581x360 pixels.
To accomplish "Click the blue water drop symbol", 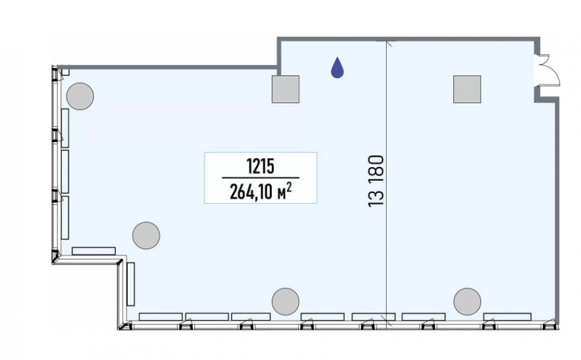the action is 337,68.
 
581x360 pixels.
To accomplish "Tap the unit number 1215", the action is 261,166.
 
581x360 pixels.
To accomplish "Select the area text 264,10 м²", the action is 260,192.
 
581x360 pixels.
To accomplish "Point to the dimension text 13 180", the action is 376,181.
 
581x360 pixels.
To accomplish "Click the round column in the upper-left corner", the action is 80,96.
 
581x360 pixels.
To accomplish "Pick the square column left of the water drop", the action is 285,89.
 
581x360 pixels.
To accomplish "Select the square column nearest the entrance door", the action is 467,89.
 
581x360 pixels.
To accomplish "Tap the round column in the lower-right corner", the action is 467,301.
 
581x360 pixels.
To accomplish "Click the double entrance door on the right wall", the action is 547,70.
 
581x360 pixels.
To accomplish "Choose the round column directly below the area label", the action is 285,301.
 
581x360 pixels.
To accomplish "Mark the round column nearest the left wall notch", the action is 147,235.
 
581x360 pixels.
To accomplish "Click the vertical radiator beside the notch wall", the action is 130,284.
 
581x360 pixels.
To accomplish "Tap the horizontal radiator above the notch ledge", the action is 94,251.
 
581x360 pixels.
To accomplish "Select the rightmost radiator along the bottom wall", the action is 507,317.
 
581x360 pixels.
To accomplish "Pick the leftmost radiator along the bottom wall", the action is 161,317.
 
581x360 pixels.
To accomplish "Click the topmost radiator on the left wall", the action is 65,128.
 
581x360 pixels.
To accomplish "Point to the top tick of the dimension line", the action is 387,44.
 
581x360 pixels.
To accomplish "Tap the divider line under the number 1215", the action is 261,178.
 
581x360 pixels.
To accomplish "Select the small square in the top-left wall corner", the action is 65,71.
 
